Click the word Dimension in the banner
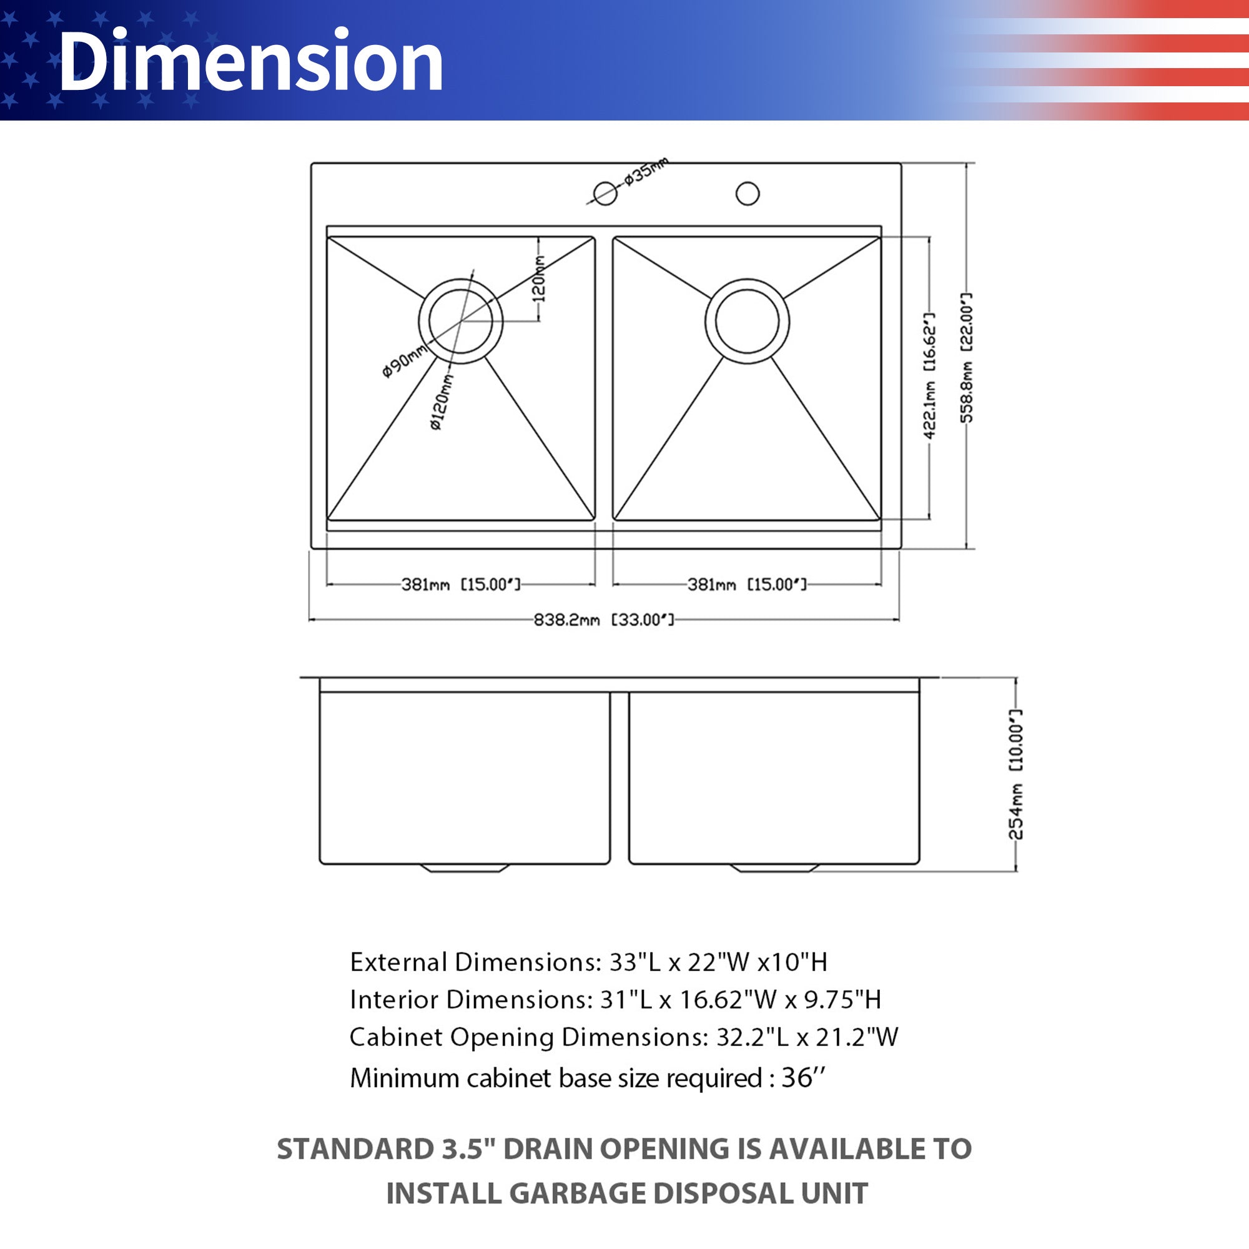250,61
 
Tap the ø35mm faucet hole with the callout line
605,192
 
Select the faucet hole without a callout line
748,194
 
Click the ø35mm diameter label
646,170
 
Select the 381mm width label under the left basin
460,585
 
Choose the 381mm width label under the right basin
747,585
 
